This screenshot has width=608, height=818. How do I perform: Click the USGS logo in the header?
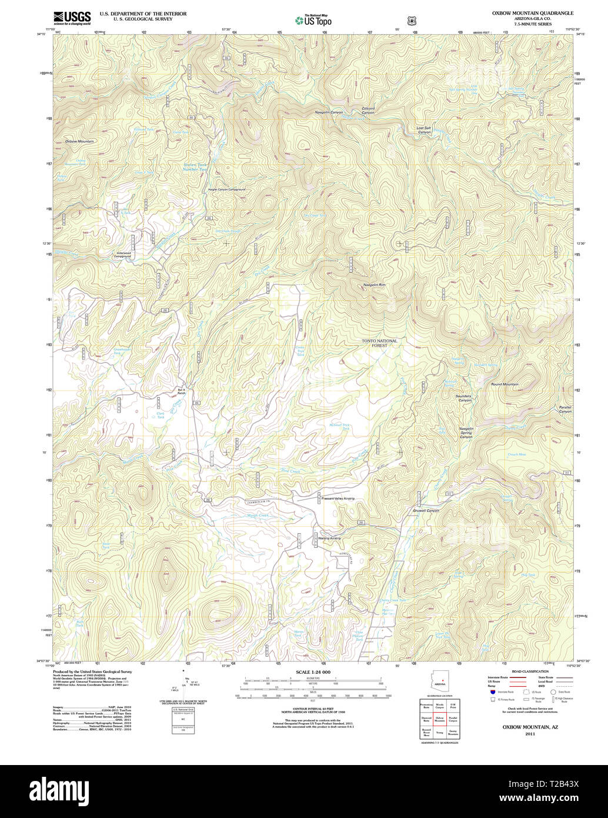[x=72, y=18]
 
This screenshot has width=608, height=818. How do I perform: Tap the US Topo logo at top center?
[x=313, y=21]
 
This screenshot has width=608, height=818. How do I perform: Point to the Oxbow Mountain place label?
[x=79, y=142]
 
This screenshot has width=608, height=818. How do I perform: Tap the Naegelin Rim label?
[x=374, y=285]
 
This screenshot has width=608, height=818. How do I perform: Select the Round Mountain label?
[x=505, y=384]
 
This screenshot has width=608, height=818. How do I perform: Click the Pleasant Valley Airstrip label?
[x=338, y=498]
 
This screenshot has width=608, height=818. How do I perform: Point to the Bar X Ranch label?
[x=182, y=391]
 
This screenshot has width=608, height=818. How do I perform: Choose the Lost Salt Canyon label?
[x=424, y=130]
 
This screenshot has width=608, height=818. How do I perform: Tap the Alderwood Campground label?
[x=122, y=255]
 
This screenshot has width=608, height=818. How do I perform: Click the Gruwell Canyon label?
[x=426, y=510]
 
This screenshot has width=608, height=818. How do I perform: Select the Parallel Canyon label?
[x=564, y=409]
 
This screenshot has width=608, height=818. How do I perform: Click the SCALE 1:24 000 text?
[x=314, y=672]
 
